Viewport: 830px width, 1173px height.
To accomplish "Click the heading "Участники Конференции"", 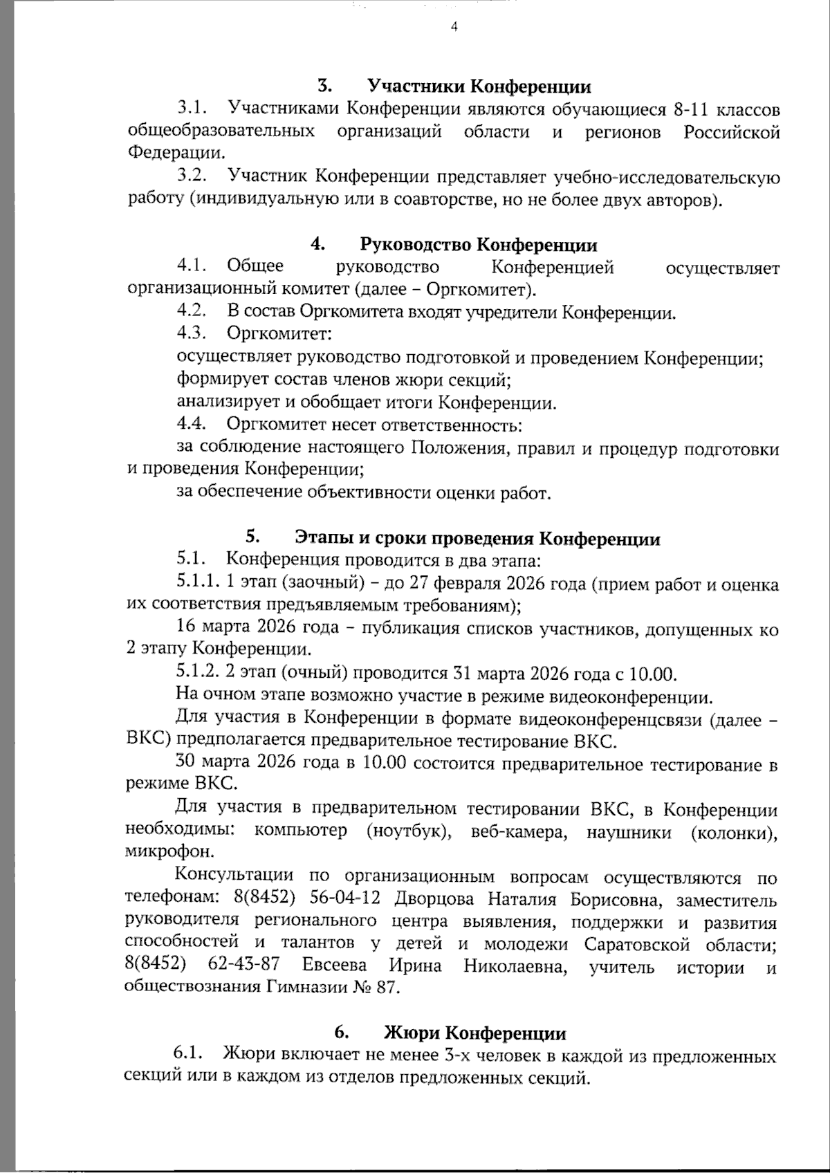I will (x=479, y=86).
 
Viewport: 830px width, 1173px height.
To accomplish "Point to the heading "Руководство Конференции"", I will (x=479, y=245).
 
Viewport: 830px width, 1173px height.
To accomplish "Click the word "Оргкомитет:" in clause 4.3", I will (x=279, y=334).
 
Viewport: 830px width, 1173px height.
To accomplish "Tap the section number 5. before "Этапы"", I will (x=252, y=537).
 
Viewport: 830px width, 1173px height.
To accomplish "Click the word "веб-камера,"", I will (x=518, y=831).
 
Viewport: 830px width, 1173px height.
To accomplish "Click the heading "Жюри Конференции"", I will (x=474, y=1034).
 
